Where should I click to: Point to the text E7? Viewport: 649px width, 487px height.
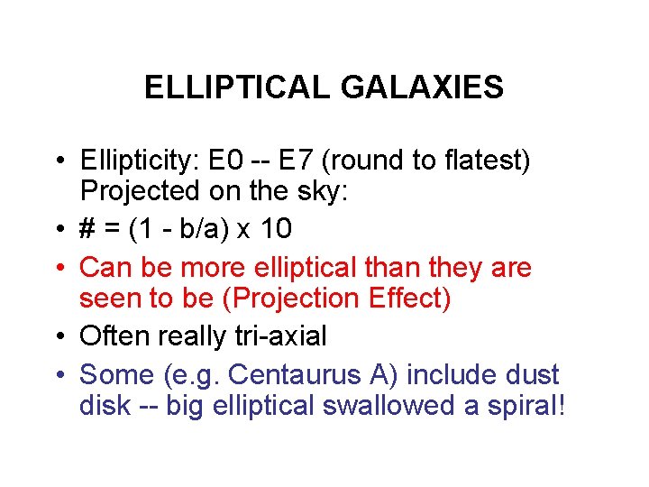[298, 162]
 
